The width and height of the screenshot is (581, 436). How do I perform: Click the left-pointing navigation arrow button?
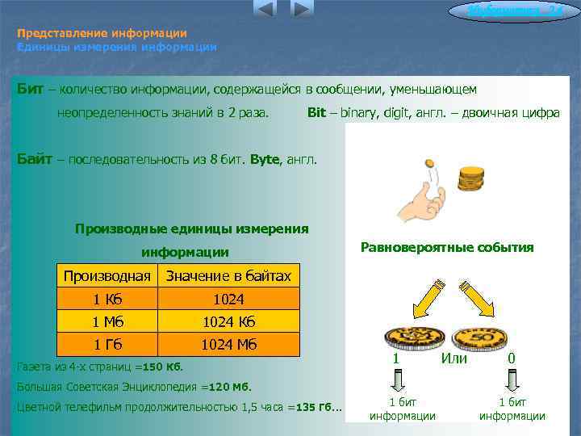265,10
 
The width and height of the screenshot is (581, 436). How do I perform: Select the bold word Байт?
36,159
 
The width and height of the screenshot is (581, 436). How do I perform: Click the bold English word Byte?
265,159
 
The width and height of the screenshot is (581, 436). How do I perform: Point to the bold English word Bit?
316,113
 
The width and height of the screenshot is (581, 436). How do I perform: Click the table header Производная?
107,276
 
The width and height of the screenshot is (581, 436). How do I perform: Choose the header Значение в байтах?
228,276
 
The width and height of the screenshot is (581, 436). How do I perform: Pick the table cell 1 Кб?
107,299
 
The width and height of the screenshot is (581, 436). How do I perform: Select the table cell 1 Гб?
107,344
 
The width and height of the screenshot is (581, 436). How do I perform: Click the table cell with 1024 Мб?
228,344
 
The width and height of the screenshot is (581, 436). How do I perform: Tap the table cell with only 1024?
228,299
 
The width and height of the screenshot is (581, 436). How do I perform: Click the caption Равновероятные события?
447,247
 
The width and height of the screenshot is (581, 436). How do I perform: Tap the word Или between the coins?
454,358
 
